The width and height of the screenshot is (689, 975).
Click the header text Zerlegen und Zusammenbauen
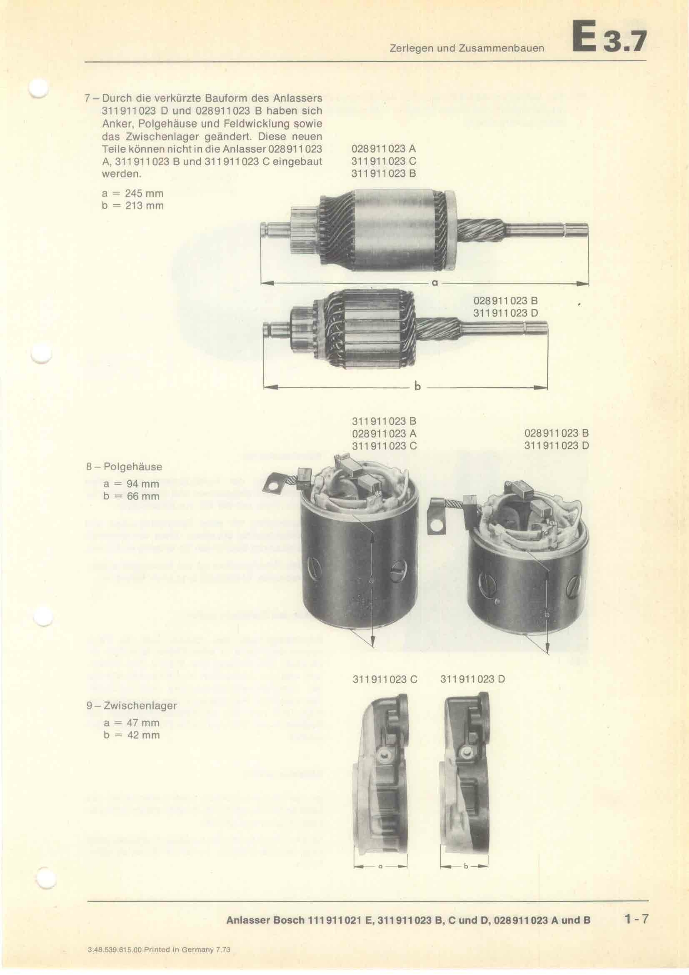coord(467,48)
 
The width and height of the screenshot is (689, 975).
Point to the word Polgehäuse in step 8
coord(133,467)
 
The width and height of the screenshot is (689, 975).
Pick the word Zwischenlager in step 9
coord(140,705)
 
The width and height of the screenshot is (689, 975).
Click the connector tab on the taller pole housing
coord(277,484)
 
